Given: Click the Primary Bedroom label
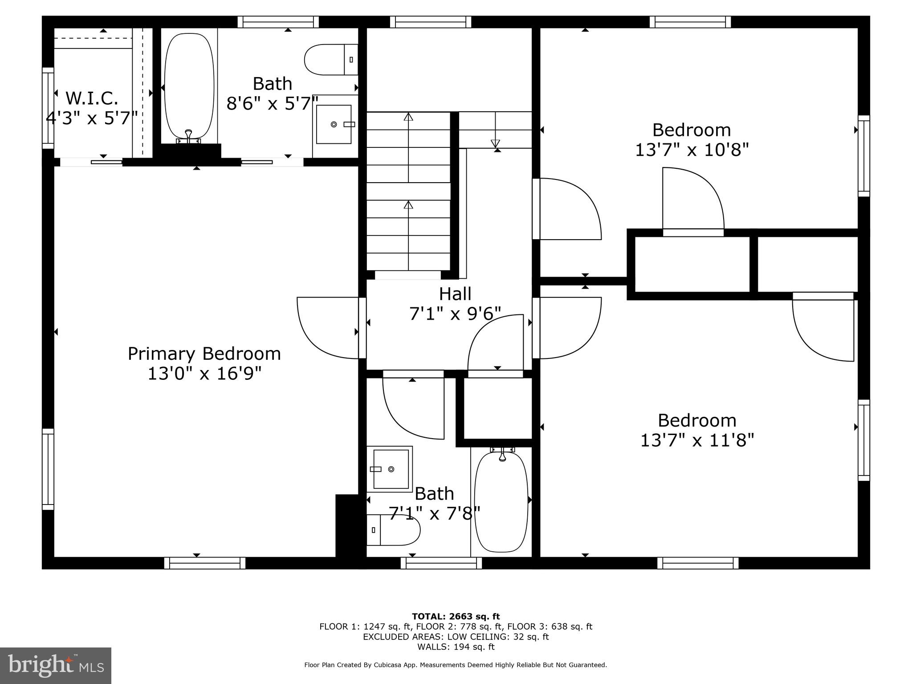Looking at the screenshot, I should point(204,354).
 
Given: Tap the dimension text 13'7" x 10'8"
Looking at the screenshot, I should point(692,150).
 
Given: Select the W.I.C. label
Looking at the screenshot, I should point(92,98).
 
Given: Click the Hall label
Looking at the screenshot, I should point(455,294).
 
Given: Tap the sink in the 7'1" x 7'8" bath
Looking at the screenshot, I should point(390,469).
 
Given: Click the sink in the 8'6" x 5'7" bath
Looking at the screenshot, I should point(334,124).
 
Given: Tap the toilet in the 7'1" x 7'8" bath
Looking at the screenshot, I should point(394,530).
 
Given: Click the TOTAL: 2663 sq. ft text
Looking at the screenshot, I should point(456,616).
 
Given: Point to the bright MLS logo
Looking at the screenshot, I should point(56,666).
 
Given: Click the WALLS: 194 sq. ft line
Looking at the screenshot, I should point(456,647).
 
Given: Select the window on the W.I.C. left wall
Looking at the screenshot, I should point(48,108).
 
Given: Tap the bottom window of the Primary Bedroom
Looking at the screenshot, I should point(205,563).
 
